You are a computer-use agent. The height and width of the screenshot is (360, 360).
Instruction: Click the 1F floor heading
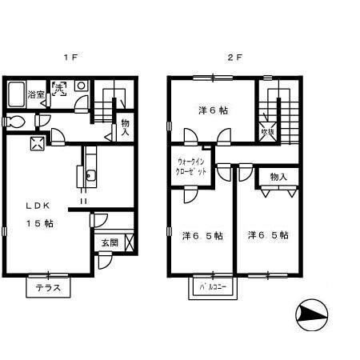(70, 58)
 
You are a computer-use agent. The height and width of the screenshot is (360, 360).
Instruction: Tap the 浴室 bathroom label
(35, 95)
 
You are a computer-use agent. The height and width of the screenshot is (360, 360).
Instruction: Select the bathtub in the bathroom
(16, 95)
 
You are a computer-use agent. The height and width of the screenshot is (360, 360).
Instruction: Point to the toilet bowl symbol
(14, 122)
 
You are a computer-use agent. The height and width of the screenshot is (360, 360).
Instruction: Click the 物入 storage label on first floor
(126, 127)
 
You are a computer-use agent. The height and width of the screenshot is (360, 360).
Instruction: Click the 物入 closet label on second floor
(278, 177)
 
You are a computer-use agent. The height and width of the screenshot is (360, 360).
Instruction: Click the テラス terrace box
(47, 287)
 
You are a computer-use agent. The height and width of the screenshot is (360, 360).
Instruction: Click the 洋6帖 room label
(214, 110)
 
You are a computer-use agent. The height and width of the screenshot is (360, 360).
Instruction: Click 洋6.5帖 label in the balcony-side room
(202, 235)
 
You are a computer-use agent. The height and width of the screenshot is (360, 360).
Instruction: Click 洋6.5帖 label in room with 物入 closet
(268, 235)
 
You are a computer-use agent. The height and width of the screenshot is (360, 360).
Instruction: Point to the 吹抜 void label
(269, 132)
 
